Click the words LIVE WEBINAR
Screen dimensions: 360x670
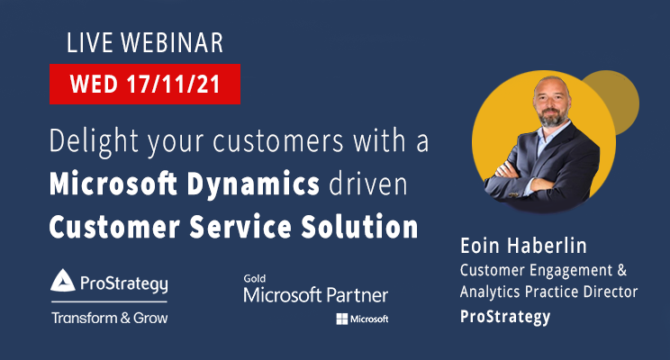(144, 42)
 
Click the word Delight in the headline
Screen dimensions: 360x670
(93, 142)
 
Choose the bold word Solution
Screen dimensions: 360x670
(365, 227)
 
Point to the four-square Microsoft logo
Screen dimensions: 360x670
(342, 319)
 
